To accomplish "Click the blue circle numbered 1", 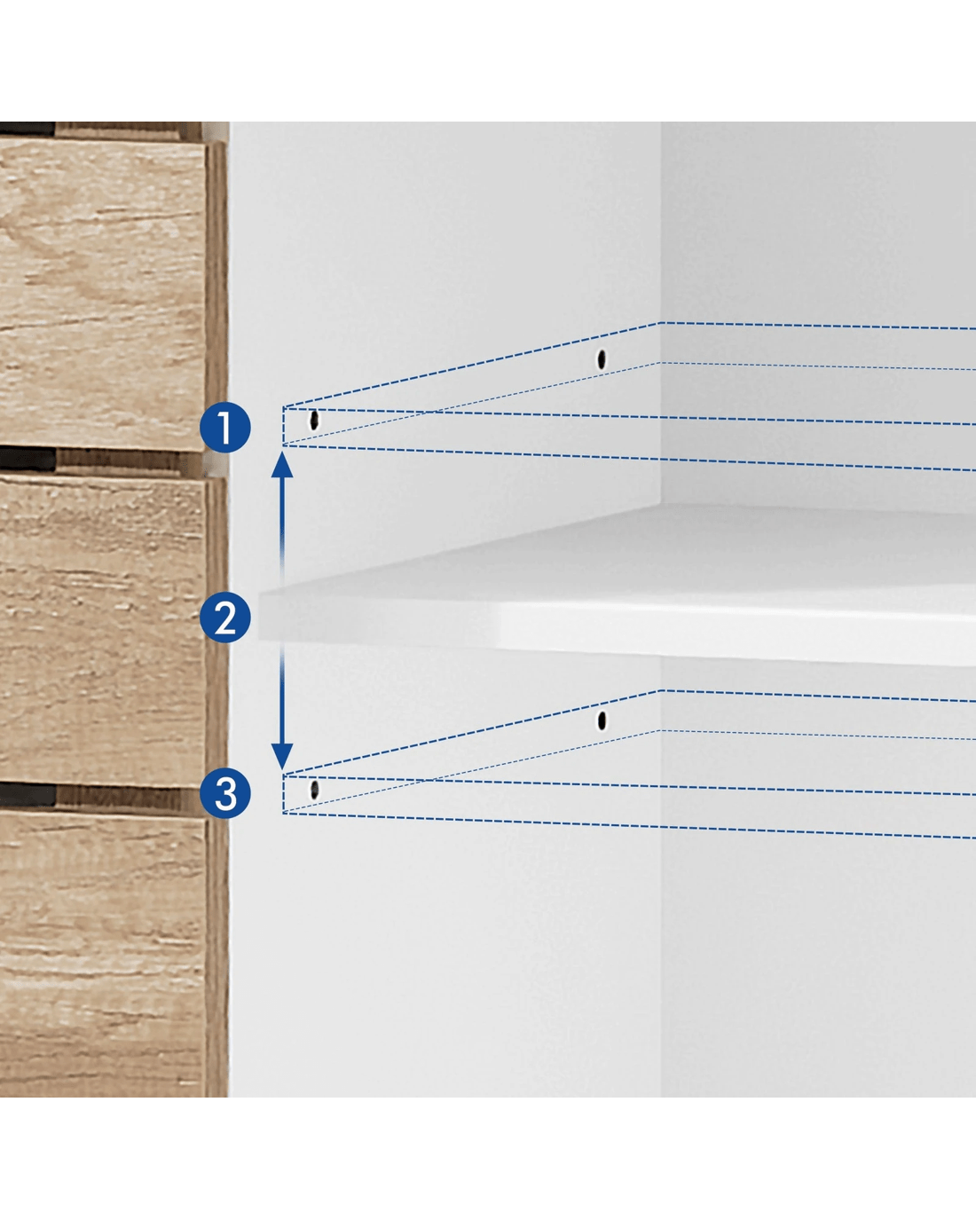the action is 225,428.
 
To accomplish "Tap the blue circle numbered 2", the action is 225,618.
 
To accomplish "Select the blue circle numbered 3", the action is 225,792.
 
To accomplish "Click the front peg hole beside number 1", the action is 313,420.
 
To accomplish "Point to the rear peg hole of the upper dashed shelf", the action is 602,359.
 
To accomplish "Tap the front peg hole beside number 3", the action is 314,790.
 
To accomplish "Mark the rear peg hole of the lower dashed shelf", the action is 602,720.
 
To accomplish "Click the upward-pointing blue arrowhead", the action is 282,465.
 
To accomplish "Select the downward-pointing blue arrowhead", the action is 282,756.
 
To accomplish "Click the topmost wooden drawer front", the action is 103,295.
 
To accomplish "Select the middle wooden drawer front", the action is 103,631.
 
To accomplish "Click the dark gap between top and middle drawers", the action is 28,460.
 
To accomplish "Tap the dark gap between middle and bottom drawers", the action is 28,795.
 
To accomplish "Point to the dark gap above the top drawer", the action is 28,129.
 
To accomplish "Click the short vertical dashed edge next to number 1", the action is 284,426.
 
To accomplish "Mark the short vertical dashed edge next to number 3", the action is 284,794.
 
